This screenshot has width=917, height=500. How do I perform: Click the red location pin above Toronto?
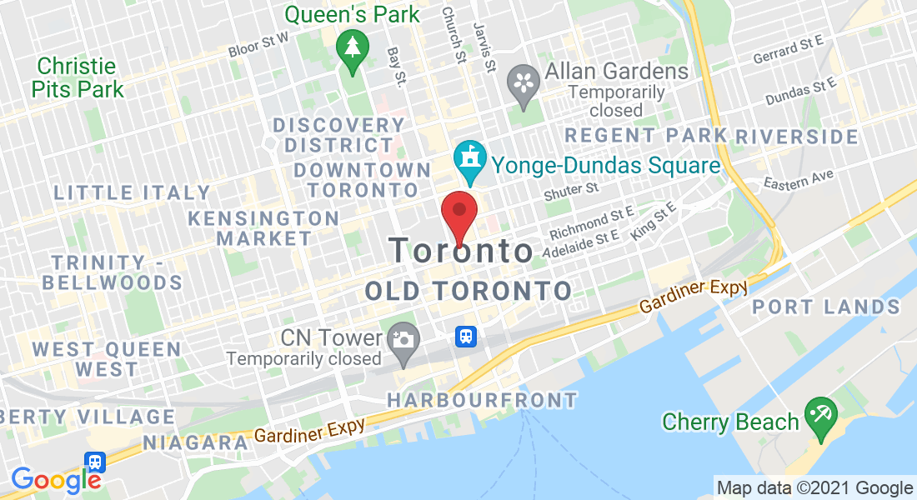click(x=458, y=213)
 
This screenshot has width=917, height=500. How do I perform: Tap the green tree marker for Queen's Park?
click(x=353, y=48)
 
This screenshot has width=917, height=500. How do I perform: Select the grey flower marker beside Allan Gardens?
click(x=524, y=84)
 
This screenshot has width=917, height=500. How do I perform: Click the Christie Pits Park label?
click(x=80, y=77)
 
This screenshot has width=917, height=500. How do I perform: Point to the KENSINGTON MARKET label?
click(x=263, y=228)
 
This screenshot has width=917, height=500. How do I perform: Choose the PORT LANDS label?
click(x=826, y=307)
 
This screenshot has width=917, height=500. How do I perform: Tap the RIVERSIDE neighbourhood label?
click(x=797, y=136)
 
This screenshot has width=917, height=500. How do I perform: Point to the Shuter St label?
click(x=571, y=192)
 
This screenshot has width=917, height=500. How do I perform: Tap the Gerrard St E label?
click(x=788, y=50)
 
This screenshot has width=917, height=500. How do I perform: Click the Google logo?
click(x=55, y=479)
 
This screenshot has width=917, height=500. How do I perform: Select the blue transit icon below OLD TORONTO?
click(x=465, y=337)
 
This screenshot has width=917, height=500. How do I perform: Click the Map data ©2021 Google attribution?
click(x=814, y=488)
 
